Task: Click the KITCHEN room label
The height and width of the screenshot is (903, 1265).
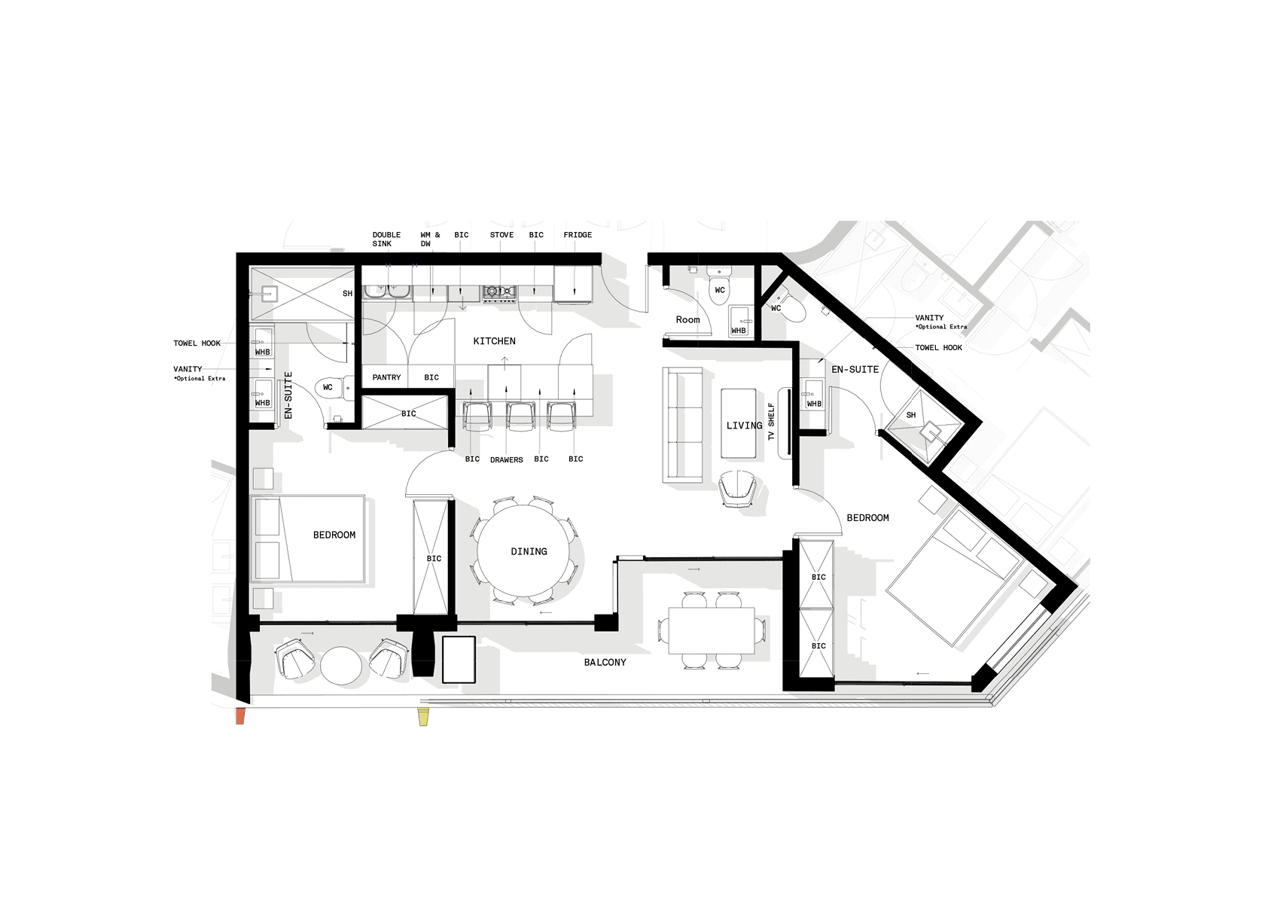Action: click(x=494, y=341)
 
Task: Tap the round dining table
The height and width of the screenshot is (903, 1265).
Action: click(x=523, y=551)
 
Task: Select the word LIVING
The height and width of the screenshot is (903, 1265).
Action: click(x=744, y=426)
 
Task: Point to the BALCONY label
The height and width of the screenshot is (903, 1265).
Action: click(x=605, y=663)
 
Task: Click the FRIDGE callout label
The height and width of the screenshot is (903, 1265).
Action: click(x=578, y=235)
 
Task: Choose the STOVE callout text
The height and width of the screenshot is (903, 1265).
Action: click(x=501, y=235)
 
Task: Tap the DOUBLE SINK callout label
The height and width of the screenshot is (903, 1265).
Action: click(x=386, y=239)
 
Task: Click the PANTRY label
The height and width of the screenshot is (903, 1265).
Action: click(x=386, y=377)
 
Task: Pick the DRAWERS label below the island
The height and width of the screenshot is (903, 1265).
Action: click(x=506, y=459)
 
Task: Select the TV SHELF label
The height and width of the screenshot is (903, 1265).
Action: click(x=771, y=421)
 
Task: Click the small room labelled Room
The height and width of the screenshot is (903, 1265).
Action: click(x=688, y=319)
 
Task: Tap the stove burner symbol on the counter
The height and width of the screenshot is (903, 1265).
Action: click(x=499, y=292)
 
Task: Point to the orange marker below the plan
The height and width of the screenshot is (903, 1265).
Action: click(x=240, y=717)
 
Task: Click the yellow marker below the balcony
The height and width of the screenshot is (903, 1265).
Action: click(x=423, y=718)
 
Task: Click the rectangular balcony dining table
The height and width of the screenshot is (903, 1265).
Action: click(x=712, y=630)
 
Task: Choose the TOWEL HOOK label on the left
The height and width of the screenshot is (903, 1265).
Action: click(x=197, y=343)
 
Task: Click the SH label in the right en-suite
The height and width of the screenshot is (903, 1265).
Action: click(x=911, y=415)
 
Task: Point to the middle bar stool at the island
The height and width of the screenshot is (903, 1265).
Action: click(x=521, y=416)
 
